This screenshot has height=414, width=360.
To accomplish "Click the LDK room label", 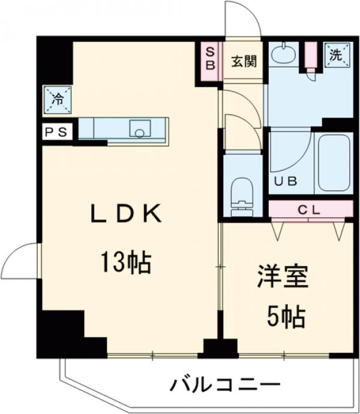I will point(126,214).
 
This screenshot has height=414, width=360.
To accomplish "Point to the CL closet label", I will point(310,209).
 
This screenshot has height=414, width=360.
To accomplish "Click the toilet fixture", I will point(242,196).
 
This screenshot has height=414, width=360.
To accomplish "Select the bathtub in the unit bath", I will point(333,163).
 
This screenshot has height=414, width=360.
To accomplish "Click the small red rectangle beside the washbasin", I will point(311,55).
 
